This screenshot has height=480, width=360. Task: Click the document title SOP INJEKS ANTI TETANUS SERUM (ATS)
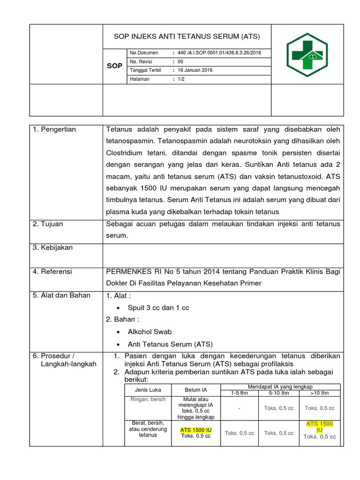[187, 36]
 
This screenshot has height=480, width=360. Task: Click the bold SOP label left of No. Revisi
[114, 66]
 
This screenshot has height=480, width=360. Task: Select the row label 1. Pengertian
[54, 129]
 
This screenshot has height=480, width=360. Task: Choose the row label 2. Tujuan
[48, 224]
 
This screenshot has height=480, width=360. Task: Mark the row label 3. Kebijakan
[53, 247]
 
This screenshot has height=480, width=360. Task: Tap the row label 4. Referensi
[52, 271]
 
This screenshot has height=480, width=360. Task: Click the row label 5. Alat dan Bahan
[61, 295]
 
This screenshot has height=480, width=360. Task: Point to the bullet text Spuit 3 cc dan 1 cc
[158, 307]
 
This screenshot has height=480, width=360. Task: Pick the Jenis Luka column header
[148, 390]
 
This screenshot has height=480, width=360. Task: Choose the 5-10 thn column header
[278, 393]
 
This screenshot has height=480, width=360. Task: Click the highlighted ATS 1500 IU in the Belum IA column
[196, 430]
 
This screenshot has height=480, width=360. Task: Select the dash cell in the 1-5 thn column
[239, 408]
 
